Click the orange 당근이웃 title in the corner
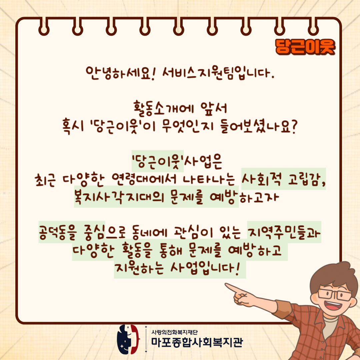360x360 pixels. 305,47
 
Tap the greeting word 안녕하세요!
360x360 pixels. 119,73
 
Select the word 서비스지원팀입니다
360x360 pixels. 218,73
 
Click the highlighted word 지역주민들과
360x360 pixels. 284,232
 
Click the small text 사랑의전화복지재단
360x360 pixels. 174,332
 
